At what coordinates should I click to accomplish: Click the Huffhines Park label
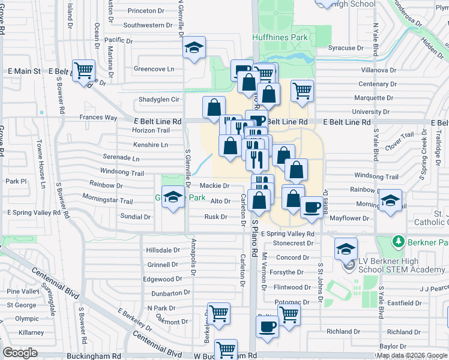tap(283, 37)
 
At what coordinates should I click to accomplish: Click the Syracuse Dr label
tap(346, 47)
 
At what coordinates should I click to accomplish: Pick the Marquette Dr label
tap(373, 98)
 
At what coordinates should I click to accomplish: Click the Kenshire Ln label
tap(150, 145)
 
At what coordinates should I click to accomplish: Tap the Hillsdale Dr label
tap(163, 250)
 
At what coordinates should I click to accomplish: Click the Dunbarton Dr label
tap(170, 293)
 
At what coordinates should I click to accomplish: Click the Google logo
tap(20, 353)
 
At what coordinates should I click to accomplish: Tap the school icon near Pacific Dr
tap(194, 48)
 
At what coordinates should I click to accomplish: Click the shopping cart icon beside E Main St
tap(83, 70)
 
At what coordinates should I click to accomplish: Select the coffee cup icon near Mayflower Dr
tap(310, 207)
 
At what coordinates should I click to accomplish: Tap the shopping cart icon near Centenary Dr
tap(302, 91)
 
